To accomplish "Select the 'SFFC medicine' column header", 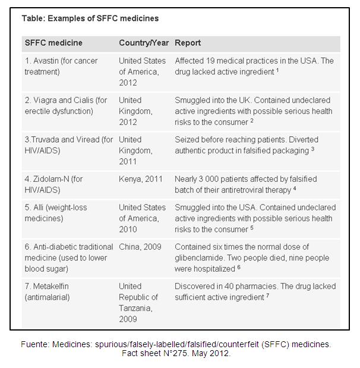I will (53, 43).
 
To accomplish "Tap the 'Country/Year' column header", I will (144, 43).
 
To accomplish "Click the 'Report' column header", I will (188, 43).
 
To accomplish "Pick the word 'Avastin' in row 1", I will (49, 61).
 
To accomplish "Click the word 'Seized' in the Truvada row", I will (187, 140).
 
